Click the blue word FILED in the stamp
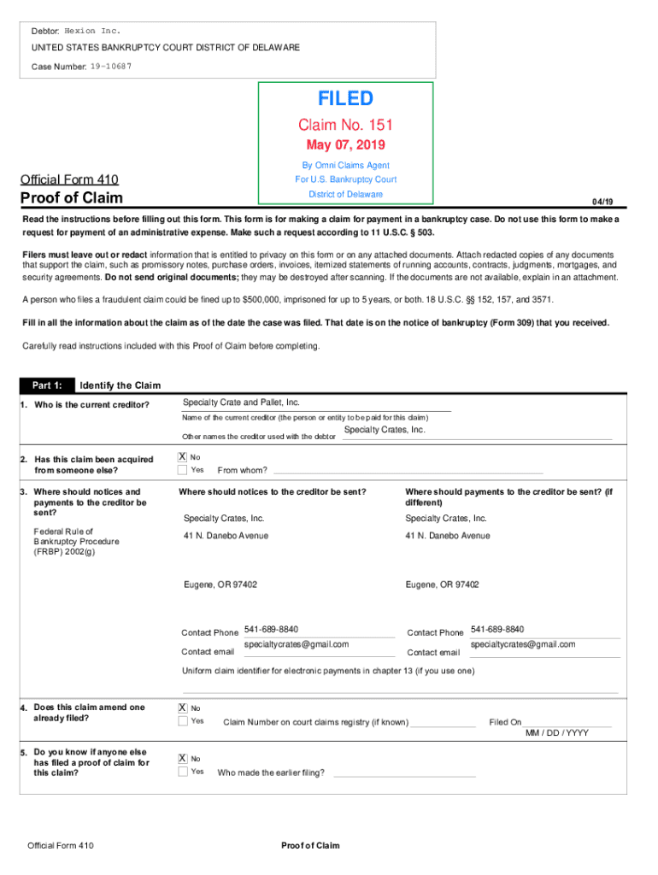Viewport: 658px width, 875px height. [x=345, y=99]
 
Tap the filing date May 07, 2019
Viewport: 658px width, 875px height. [x=345, y=145]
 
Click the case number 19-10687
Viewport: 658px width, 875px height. [x=111, y=65]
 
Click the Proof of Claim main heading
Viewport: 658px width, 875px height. [x=72, y=198]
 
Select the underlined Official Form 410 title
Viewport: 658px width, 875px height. [x=69, y=179]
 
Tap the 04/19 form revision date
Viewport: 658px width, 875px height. [x=602, y=202]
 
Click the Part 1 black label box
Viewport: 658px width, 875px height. [x=47, y=385]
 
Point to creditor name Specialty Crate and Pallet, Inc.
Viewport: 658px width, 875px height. [x=242, y=402]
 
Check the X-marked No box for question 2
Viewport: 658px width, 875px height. [x=182, y=457]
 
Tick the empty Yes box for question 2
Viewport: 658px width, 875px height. [x=182, y=470]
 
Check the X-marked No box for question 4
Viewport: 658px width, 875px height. [x=182, y=708]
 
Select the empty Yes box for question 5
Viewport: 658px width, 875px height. [x=182, y=772]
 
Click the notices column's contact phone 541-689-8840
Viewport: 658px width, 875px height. [x=271, y=629]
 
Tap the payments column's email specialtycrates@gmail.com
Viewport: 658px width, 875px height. [x=523, y=644]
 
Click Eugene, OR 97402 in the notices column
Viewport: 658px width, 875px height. [x=220, y=584]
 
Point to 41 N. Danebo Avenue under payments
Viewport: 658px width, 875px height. [x=448, y=536]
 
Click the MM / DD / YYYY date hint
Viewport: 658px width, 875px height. [x=556, y=733]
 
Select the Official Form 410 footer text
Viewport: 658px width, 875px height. [x=61, y=846]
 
